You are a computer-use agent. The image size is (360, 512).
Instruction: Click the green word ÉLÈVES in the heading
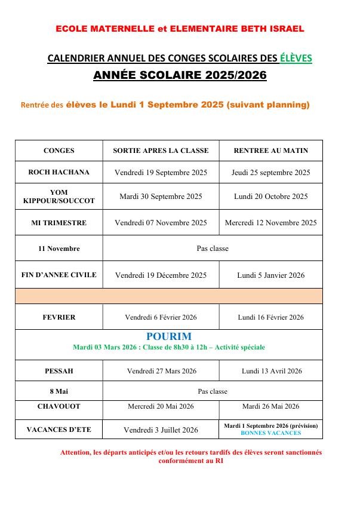pos(296,58)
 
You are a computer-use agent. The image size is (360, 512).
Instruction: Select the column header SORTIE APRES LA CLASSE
pos(161,151)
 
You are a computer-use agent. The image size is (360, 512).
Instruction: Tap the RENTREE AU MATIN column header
pos(270,151)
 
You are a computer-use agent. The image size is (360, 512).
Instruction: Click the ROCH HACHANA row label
pos(59,172)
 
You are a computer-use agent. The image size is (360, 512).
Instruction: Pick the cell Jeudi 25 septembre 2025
pos(270,173)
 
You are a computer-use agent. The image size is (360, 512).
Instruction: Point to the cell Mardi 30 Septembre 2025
pos(161,197)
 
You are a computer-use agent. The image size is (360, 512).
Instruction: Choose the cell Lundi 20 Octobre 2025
pos(270,197)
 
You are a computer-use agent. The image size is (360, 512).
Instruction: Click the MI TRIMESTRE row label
pos(59,223)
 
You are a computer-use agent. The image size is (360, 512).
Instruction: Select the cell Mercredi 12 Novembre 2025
pos(270,223)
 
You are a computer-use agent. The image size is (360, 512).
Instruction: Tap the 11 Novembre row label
pos(59,249)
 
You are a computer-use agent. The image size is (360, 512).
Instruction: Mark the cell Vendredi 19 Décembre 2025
pos(161,275)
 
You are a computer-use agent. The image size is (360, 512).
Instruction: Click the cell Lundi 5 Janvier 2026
pos(270,275)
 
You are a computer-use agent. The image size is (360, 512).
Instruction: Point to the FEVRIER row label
pos(59,317)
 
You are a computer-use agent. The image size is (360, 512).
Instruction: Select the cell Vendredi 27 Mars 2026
pos(161,371)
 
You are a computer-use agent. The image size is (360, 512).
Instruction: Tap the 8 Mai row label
pos(59,391)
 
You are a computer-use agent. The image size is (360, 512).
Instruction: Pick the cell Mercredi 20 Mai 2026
pos(161,407)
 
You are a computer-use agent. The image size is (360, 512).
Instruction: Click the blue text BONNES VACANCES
pos(270,433)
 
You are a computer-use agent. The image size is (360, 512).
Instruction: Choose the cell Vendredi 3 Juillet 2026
pos(161,430)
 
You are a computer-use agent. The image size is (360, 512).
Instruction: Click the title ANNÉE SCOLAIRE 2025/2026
pos(180,76)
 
